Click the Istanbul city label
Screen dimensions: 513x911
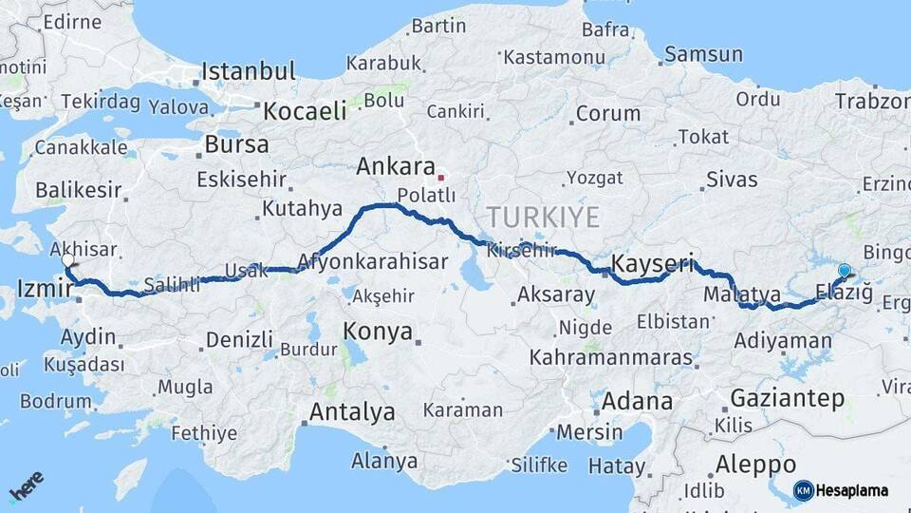click(249, 71)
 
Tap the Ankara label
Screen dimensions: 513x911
click(396, 167)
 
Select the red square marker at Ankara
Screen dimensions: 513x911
click(440, 177)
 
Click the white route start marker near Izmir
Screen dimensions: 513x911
click(67, 259)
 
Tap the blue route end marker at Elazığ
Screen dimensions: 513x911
click(844, 271)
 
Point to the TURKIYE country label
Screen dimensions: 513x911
click(544, 218)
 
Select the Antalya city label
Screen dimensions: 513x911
click(352, 412)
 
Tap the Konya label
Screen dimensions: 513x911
click(378, 332)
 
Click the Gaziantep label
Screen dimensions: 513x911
click(787, 398)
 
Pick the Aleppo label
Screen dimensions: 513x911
click(755, 465)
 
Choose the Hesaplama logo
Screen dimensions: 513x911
click(841, 490)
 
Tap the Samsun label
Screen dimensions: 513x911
click(702, 54)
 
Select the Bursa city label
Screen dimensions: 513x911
click(236, 144)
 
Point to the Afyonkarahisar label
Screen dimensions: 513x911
click(372, 261)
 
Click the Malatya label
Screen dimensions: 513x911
click(741, 295)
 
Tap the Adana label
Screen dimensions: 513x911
click(638, 400)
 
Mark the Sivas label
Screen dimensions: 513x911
click(732, 179)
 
